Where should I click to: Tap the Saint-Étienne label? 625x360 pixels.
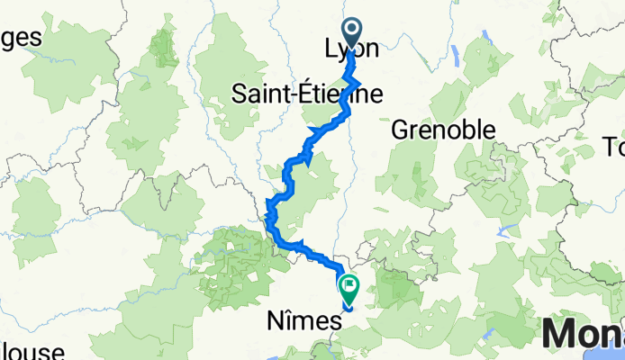pyautogui.click(x=306, y=93)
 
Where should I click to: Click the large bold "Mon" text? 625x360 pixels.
pyautogui.click(x=584, y=337)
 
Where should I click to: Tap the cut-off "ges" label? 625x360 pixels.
pyautogui.click(x=21, y=40)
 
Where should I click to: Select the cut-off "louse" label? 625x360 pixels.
pyautogui.click(x=32, y=351)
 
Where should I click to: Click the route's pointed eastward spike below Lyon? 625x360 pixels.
pyautogui.click(x=362, y=82)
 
